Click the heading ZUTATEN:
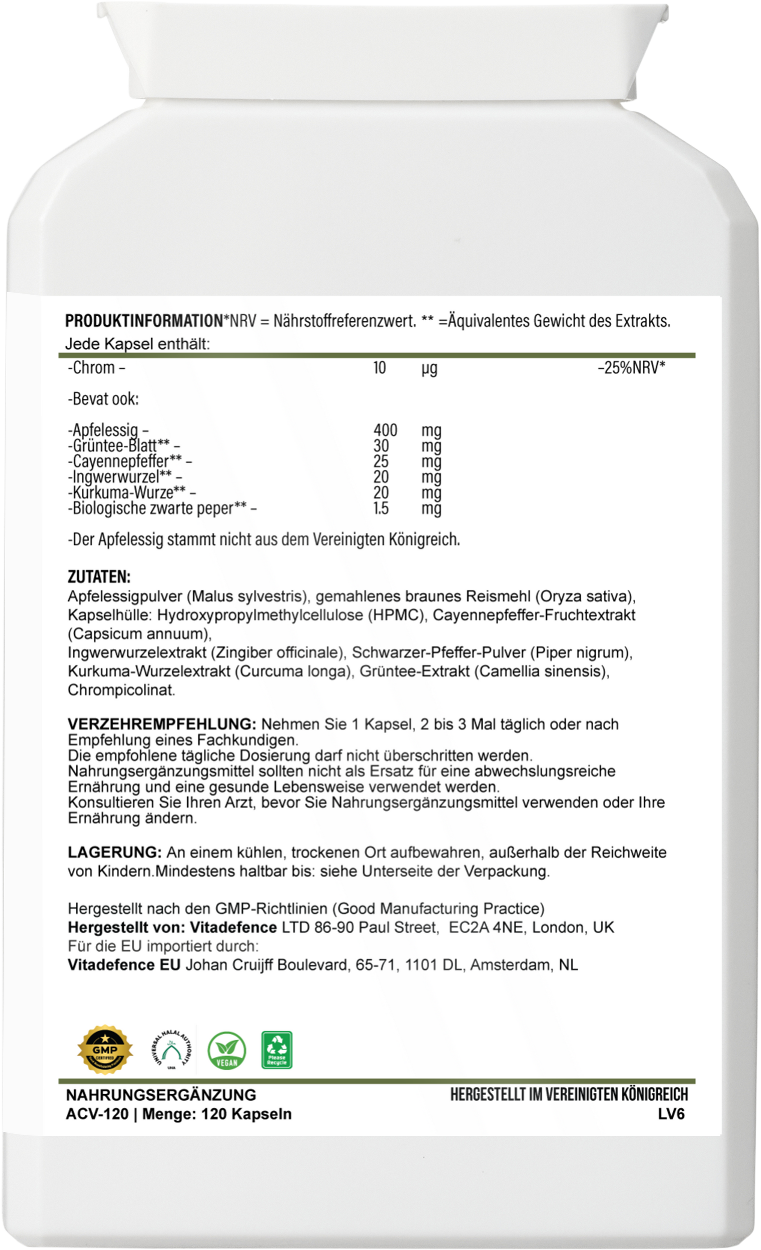point(99,577)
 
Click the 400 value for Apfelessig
point(385,430)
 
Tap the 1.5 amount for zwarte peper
point(381,508)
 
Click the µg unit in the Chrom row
point(429,368)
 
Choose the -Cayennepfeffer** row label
point(130,462)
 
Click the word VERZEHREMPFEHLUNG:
point(162,724)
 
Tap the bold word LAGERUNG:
point(115,852)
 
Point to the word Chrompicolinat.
point(122,690)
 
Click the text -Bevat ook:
point(103,399)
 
